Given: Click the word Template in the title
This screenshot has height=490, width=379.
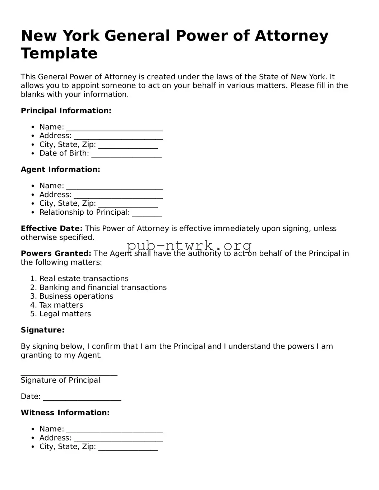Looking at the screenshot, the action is (59, 53).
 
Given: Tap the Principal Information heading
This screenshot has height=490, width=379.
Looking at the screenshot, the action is (66, 111).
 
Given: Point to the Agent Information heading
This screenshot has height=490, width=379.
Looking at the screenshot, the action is (60, 169).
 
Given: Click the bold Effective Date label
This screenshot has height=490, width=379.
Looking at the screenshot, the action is (52, 229).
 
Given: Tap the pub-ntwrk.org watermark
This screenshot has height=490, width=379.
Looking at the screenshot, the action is (189, 246).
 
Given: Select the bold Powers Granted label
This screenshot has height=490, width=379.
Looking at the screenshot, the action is (56, 253).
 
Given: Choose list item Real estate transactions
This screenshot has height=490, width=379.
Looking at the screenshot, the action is (84, 279).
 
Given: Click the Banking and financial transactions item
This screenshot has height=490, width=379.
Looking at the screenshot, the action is (103, 288).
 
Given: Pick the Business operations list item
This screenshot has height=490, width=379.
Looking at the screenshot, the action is (76, 296).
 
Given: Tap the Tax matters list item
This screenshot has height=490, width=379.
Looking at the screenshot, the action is (61, 305).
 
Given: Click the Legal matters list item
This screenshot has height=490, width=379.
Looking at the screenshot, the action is (65, 314).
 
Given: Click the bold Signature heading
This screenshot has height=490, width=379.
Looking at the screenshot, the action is (42, 330).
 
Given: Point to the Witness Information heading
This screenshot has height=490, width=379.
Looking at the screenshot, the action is (65, 413).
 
